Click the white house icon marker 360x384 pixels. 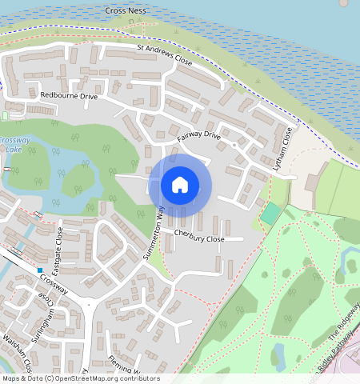pyautogui.click(x=180, y=185)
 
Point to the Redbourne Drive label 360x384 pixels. pyautogui.click(x=69, y=96)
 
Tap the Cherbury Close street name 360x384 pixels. pyautogui.click(x=200, y=238)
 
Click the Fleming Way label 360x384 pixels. pyautogui.click(x=124, y=365)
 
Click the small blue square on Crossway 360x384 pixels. pyautogui.click(x=39, y=270)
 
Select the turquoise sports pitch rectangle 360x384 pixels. pyautogui.click(x=271, y=214)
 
